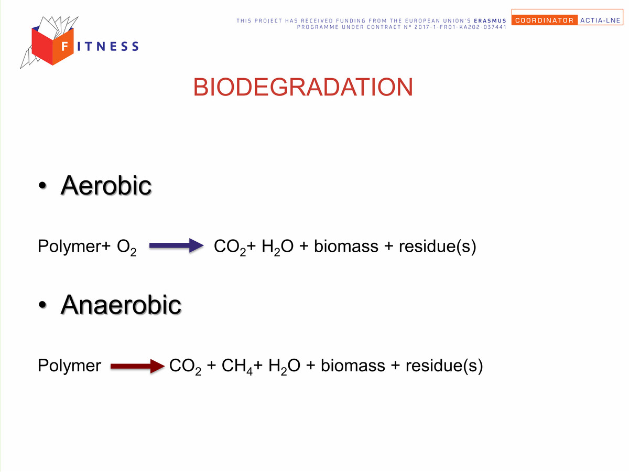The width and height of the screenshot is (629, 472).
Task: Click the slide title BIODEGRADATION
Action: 303,87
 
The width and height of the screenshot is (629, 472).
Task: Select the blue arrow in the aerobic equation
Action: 176,245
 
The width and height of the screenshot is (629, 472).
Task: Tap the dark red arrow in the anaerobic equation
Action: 137,366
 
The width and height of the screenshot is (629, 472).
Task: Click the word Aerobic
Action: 106,186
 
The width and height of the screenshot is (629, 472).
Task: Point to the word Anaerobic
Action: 121,304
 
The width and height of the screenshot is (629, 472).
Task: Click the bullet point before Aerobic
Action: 42,186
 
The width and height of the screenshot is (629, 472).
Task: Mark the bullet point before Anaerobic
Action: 42,305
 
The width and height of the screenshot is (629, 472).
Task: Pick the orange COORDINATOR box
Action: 545,20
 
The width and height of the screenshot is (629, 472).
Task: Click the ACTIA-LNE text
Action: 600,20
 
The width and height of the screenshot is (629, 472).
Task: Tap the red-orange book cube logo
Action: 53,46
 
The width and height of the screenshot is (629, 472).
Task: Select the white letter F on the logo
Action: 65,46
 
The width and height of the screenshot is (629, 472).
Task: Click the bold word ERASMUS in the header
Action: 490,20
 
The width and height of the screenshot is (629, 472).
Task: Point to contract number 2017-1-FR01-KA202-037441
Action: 460,27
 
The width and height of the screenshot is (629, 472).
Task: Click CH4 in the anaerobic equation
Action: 237,367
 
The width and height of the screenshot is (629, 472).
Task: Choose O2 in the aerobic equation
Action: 126,247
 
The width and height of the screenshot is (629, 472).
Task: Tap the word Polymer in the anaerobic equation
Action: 69,366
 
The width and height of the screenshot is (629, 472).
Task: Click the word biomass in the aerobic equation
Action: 346,246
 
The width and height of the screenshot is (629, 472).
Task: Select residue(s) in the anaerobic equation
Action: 444,366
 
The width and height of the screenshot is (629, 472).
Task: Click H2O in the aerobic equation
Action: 278,247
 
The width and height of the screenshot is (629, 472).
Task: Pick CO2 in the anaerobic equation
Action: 185,367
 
